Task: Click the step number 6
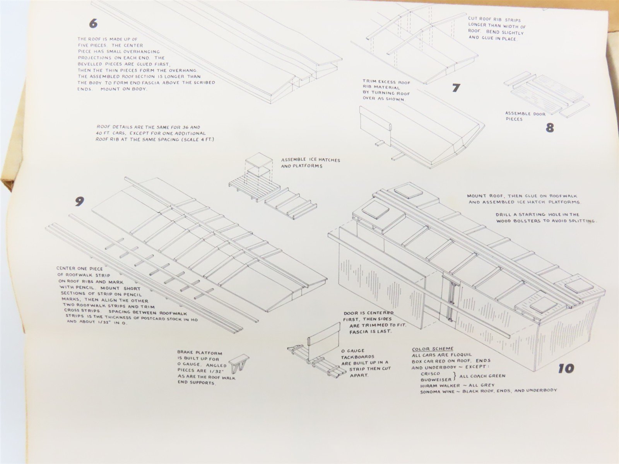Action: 93,24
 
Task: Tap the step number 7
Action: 456,88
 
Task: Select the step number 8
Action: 550,128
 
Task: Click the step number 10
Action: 566,368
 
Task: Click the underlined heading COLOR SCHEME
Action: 433,349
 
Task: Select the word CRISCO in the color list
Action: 430,374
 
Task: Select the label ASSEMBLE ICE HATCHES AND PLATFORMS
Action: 310,163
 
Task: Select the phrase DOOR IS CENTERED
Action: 368,313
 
